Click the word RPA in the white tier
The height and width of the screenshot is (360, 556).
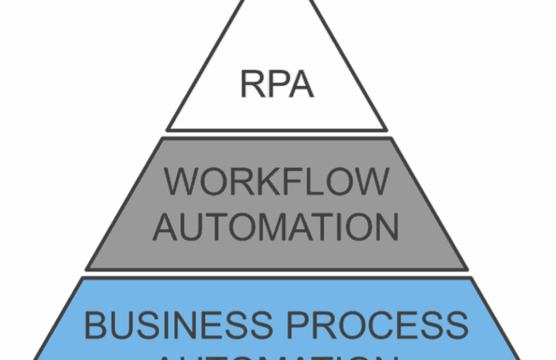(x=277, y=84)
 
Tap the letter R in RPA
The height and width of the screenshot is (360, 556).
(x=252, y=84)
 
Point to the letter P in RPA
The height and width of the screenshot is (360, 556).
(x=277, y=84)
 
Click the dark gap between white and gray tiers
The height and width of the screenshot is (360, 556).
(x=277, y=134)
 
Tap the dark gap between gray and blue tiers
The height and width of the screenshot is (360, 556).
(x=277, y=273)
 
